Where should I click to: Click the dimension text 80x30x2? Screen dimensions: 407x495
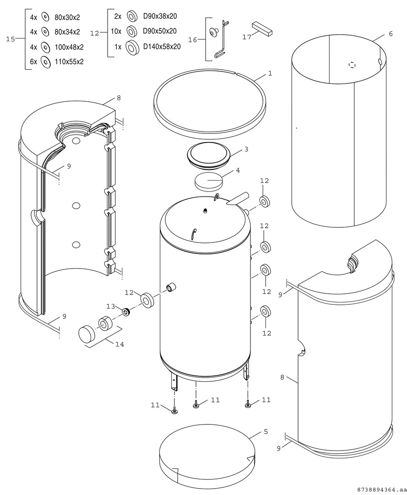point(67,17)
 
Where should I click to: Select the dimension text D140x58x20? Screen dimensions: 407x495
point(162,47)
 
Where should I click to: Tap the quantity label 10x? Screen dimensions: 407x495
point(116,31)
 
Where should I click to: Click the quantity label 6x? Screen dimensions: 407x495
point(33,61)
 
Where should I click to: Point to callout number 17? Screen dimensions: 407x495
point(247,37)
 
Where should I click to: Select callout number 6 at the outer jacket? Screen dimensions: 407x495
point(391,34)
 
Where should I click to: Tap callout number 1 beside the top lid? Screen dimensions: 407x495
point(270,73)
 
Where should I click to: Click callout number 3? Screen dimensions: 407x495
point(246,149)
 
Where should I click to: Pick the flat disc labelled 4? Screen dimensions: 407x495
point(208,182)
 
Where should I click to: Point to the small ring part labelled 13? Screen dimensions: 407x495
point(126,312)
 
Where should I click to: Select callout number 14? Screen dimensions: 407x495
point(119,344)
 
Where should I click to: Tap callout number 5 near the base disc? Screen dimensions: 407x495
point(266,431)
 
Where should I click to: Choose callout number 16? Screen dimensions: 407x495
point(193,40)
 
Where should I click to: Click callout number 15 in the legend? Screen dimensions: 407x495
point(11,39)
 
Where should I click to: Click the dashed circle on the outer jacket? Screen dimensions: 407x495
point(352,66)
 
